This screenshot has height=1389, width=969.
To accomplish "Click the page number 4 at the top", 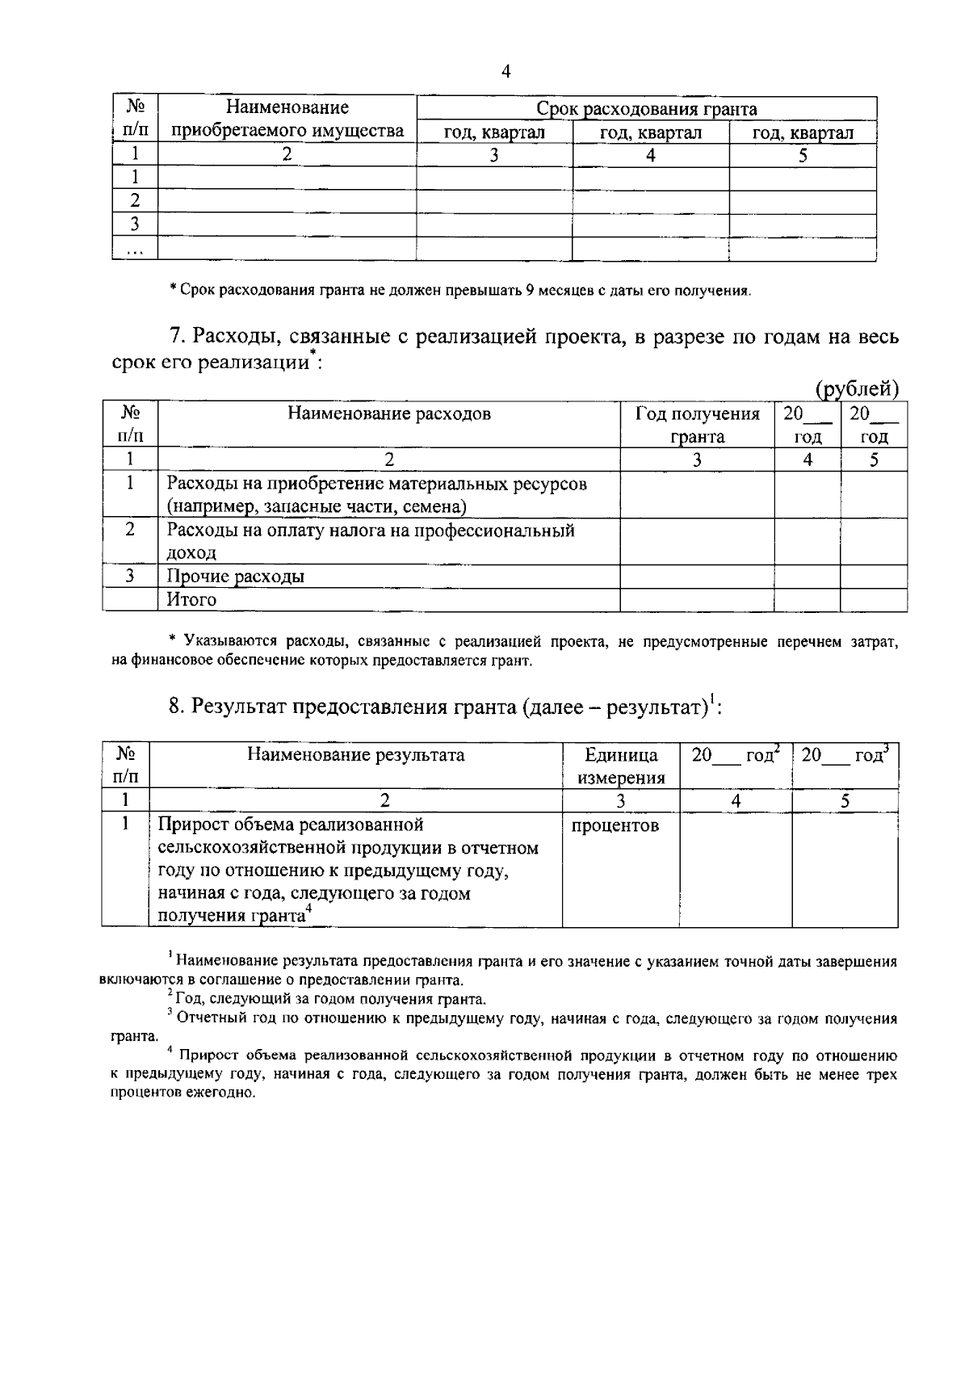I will point(505,72).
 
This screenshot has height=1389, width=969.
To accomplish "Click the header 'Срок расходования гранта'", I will point(647,109).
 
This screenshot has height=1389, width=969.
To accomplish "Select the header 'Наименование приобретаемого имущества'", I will point(287,120).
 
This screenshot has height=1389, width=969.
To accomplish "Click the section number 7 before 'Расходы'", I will point(175,337).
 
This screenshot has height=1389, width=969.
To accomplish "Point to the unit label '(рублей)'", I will point(858,389).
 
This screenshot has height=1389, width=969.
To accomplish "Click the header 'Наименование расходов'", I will point(389,414).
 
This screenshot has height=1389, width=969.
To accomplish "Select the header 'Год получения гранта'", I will point(697,426).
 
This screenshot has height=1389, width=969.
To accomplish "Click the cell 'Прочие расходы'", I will point(235,577).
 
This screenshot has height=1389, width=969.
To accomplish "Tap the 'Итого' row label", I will point(191,599).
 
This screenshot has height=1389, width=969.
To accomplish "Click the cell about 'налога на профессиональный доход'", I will point(370,541).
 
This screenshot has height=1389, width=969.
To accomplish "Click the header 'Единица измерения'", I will point(621,766).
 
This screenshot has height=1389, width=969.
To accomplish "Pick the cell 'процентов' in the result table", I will point(615,825).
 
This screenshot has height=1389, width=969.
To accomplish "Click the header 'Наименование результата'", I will point(356,755).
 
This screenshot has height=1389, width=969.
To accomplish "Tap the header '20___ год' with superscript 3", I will point(844,755).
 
